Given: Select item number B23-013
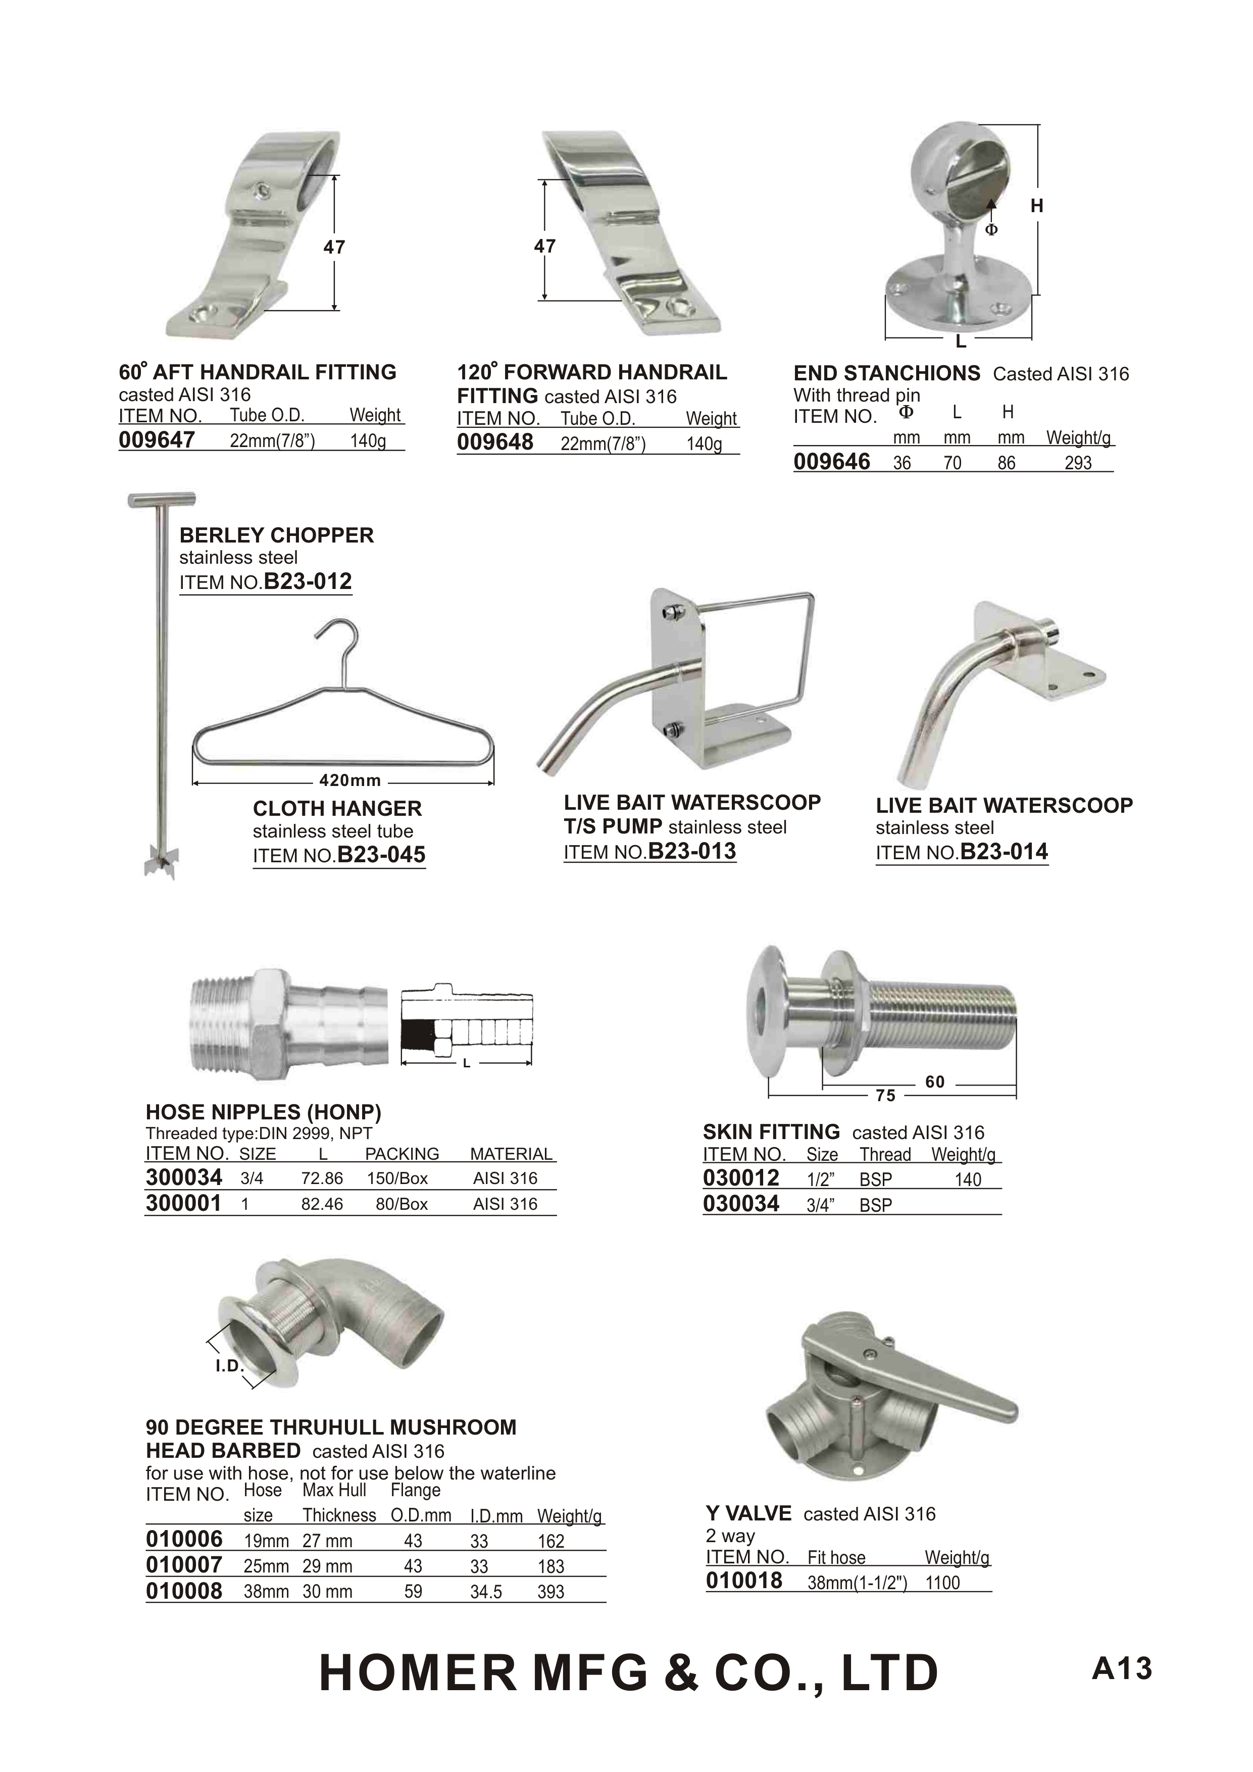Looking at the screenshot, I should pos(692,851).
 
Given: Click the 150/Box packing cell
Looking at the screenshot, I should pos(397,1178).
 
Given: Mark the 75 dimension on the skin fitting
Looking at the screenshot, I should pos(886,1096).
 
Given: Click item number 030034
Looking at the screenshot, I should pos(741,1204).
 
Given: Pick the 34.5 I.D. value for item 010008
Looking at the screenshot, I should pos(486,1592).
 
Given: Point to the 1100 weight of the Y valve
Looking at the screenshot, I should pos(943,1583).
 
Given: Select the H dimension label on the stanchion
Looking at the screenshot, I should pos(1037,206).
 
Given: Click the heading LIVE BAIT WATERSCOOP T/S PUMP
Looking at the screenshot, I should pos(692,814).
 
